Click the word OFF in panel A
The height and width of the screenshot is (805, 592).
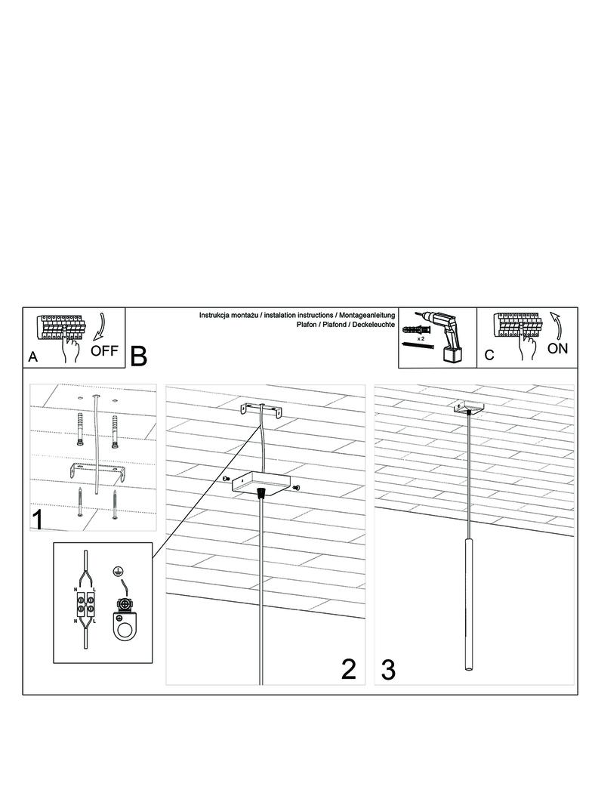point(104,351)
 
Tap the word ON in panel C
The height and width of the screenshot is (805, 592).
point(557,349)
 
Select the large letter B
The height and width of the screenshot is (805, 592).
point(139,356)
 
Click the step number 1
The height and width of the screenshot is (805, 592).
point(38,520)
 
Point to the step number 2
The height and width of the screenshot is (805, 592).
point(348,669)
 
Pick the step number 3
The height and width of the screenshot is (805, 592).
point(388,670)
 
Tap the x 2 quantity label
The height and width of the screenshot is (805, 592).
point(421,339)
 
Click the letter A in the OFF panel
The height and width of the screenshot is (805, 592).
point(33,357)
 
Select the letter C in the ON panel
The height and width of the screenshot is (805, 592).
point(489,355)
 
